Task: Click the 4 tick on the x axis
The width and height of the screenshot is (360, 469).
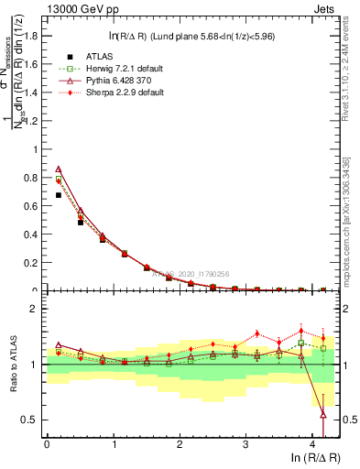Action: pos(311,444)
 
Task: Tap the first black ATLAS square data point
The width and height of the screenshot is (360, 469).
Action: pos(59,195)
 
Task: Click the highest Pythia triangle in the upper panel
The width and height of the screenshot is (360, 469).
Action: pos(59,169)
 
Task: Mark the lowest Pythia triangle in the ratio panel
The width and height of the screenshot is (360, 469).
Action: pos(322,415)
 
